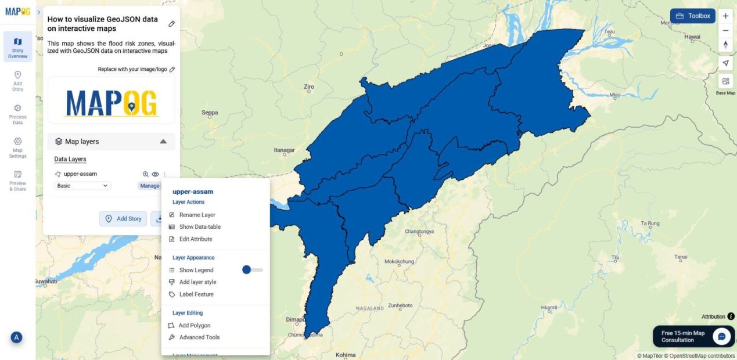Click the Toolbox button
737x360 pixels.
[692, 16]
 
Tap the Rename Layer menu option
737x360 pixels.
[197, 215]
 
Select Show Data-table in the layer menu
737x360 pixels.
[199, 227]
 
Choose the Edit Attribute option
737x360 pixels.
[195, 239]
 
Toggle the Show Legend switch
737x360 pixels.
[252, 270]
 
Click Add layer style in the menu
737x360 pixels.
[197, 282]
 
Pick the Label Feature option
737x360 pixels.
[196, 294]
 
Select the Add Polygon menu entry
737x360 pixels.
[194, 326]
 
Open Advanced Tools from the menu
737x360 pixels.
[199, 337]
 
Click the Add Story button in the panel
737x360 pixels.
[123, 218]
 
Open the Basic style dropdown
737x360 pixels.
[82, 186]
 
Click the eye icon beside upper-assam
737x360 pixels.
[155, 174]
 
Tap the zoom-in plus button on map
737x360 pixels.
[725, 16]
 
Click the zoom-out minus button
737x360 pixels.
[725, 31]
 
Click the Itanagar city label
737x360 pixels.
[284, 150]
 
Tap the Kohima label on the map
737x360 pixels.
[345, 355]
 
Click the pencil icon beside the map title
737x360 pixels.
[171, 24]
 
